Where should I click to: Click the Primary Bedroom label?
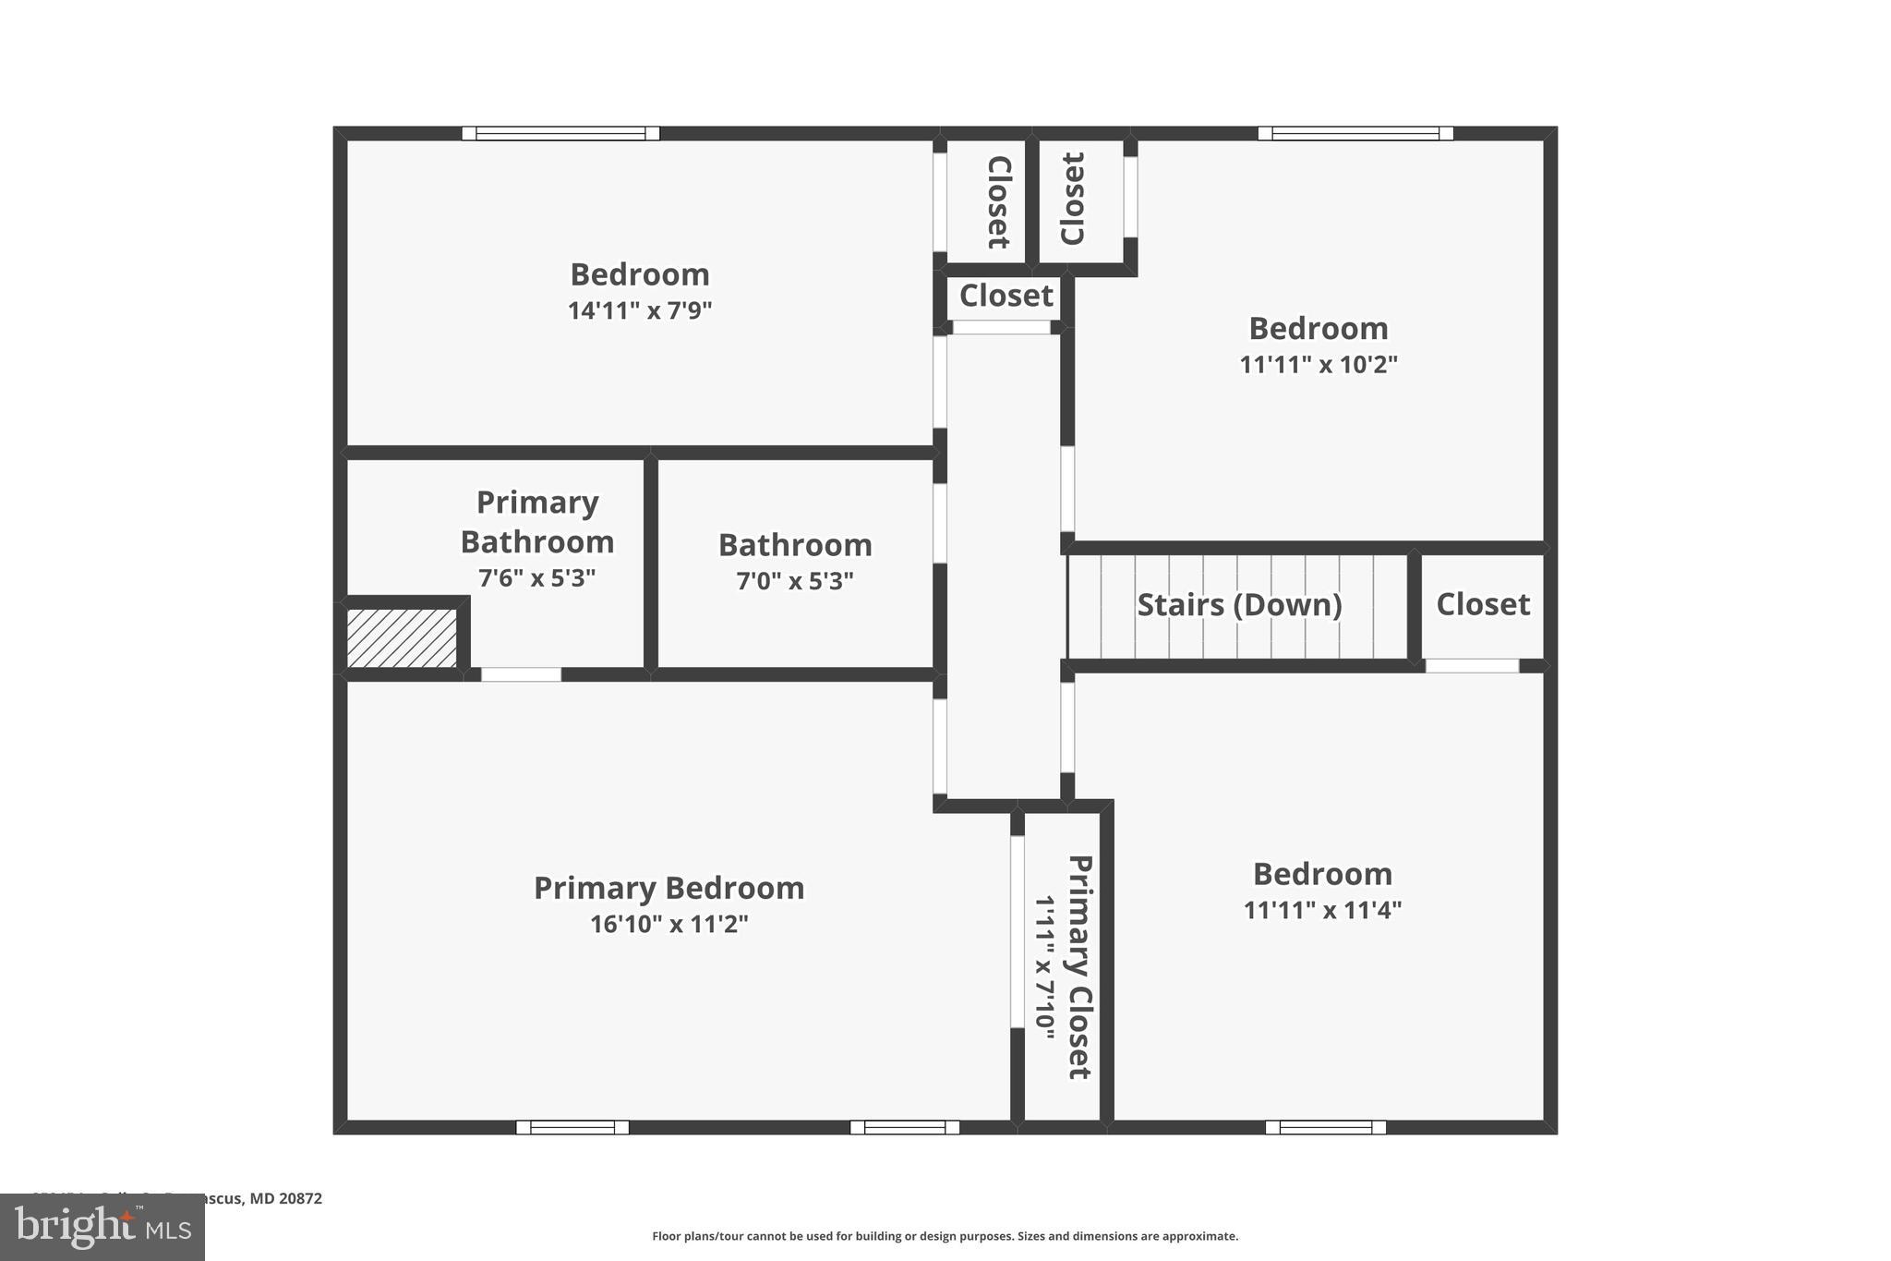click(x=668, y=888)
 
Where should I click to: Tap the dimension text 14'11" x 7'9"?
click(x=639, y=310)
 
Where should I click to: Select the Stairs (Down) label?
click(x=1238, y=605)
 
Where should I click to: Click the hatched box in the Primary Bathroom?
click(x=402, y=637)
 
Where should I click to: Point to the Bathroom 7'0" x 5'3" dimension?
click(x=794, y=581)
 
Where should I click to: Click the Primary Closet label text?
click(x=1079, y=966)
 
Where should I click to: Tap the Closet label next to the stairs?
click(x=1482, y=604)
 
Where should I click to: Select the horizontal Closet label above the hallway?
click(x=1006, y=296)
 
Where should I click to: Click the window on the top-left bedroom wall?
click(x=560, y=133)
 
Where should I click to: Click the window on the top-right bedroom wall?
click(x=1355, y=133)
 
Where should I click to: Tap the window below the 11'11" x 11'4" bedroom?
click(x=1325, y=1127)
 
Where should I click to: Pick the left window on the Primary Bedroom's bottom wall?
click(x=572, y=1127)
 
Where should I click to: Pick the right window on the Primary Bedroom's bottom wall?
click(x=904, y=1127)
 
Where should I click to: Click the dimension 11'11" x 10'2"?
click(x=1318, y=364)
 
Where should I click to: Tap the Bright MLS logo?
click(x=102, y=1228)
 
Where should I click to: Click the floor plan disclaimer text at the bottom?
click(x=945, y=1236)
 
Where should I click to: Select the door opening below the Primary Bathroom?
click(x=521, y=674)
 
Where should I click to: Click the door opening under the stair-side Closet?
click(x=1472, y=665)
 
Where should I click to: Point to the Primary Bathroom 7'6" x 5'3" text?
click(x=536, y=578)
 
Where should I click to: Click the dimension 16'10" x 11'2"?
click(x=668, y=924)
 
